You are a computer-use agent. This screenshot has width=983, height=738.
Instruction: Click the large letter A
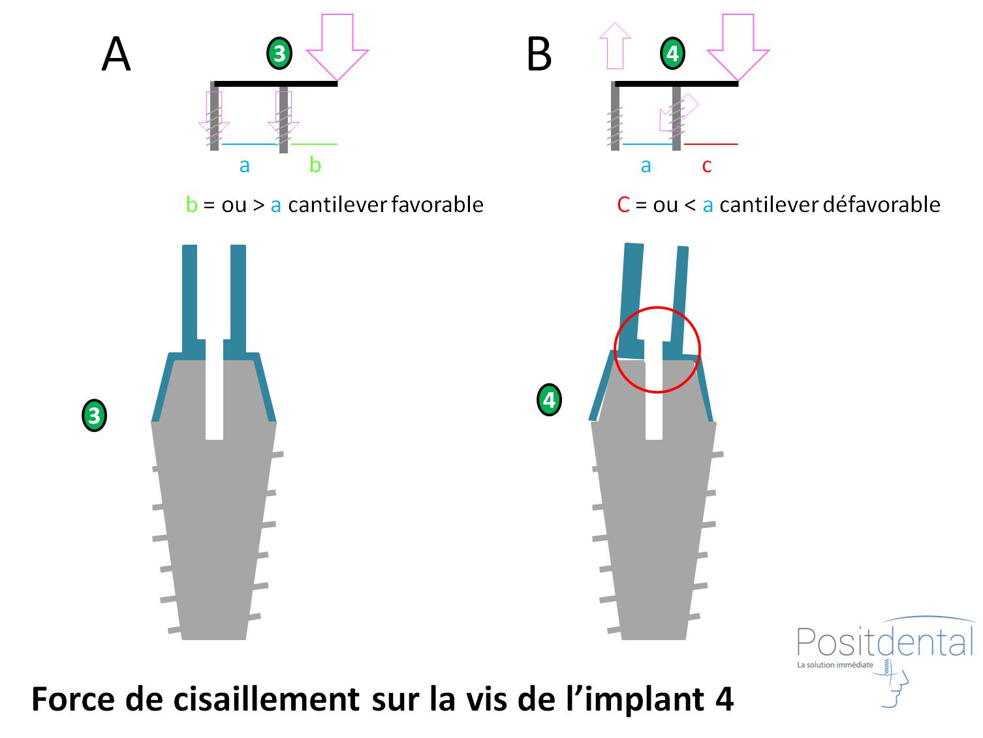pos(116,54)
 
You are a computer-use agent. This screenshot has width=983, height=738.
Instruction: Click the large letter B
pos(539,54)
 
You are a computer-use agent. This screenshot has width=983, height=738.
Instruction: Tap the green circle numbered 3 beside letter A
pos(279,54)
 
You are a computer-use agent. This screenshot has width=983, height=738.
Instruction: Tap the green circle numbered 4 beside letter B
pos(673,54)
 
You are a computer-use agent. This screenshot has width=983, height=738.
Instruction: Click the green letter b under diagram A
pos(315,164)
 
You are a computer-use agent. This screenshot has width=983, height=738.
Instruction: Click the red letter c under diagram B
pos(706,166)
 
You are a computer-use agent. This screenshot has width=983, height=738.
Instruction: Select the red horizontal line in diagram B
pos(711,144)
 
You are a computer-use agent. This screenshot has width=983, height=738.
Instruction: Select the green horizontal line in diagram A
pos(314,144)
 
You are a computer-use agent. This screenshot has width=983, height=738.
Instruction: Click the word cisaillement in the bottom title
pos(267,699)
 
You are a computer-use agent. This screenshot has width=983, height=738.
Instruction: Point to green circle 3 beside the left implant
pos(95,416)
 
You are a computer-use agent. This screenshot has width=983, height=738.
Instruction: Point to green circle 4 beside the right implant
pos(549,399)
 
